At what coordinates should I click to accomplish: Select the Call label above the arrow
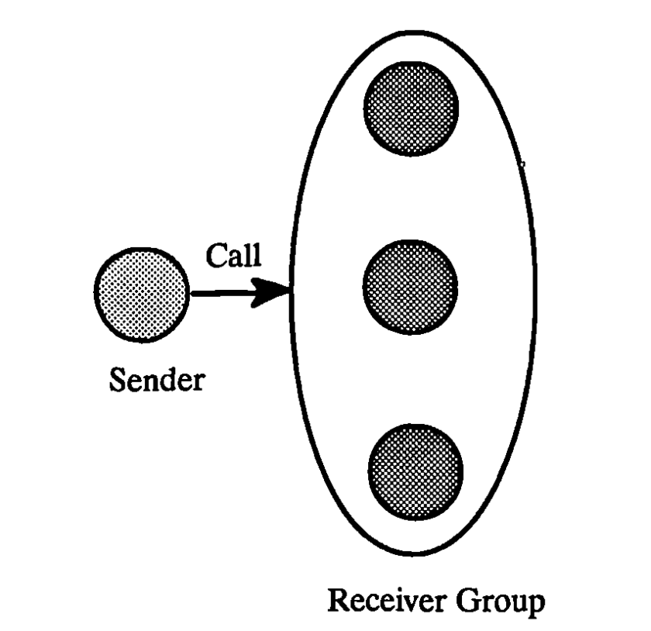[x=233, y=257]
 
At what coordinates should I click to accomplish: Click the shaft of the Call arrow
[x=225, y=293]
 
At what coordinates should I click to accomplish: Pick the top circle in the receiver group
[x=412, y=109]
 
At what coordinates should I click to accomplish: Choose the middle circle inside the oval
[x=412, y=286]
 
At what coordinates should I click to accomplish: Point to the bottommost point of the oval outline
[x=415, y=555]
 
